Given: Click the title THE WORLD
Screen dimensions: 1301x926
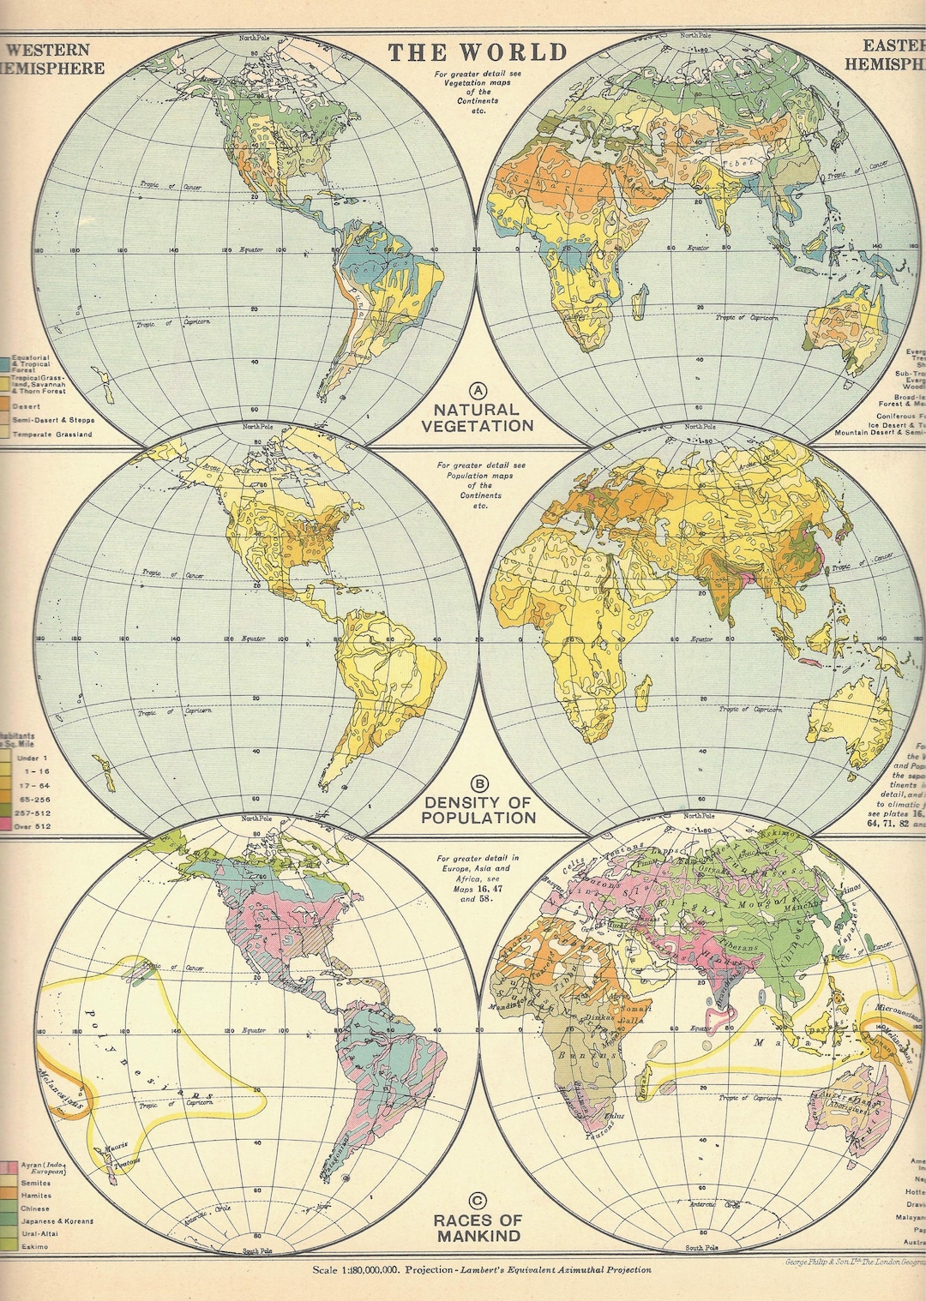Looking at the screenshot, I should pos(478,52).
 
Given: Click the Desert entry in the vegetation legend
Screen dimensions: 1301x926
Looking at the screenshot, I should pos(24,402).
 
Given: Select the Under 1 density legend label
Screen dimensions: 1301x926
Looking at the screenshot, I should pos(33,758).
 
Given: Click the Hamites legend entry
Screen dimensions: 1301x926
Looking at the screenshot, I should pos(36,1196).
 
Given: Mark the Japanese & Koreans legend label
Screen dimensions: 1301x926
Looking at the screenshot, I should pos(57,1220).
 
